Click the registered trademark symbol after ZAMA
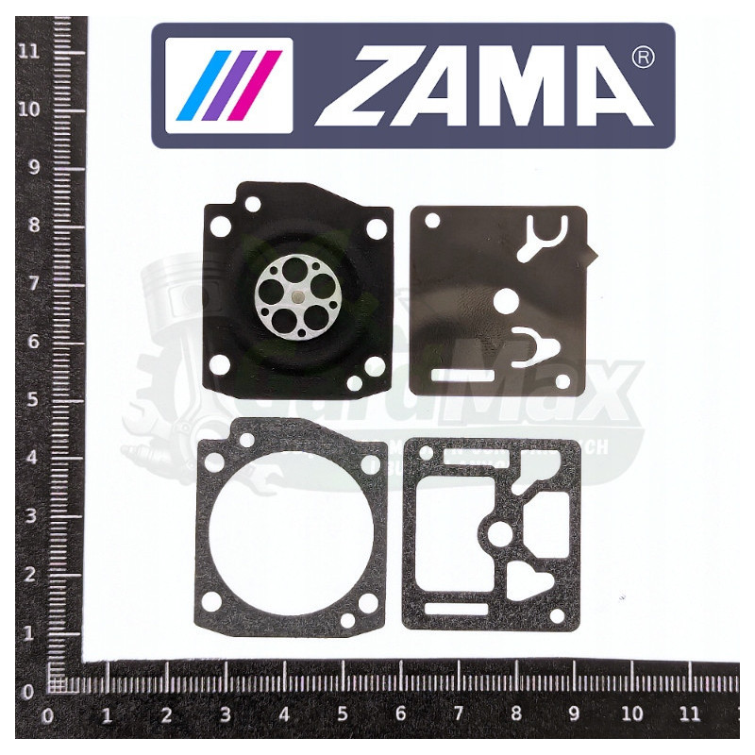point(642,59)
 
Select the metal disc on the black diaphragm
point(295,300)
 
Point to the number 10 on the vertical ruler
point(30,109)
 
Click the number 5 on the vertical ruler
point(30,400)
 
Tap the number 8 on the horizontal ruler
point(515,714)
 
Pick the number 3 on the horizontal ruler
point(225,714)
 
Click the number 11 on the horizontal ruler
point(691,714)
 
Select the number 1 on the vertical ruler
point(30,633)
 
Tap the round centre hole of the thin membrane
point(506,302)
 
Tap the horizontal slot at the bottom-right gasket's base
point(456,609)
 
